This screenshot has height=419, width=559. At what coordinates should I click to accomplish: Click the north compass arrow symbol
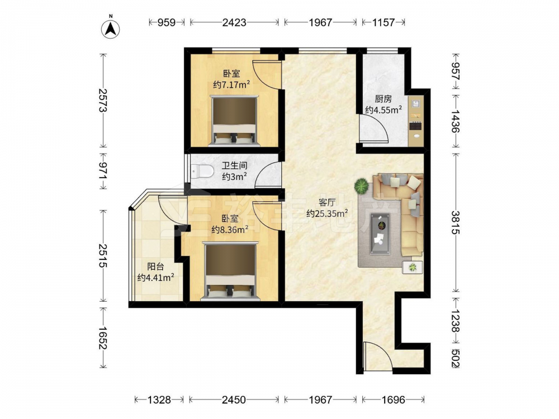(111, 28)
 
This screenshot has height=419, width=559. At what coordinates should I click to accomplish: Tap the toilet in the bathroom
(202, 172)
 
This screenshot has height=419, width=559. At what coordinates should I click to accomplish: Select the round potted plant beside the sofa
(362, 186)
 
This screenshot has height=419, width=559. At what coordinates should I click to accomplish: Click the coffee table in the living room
(380, 234)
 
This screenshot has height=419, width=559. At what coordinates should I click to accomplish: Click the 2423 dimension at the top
(234, 22)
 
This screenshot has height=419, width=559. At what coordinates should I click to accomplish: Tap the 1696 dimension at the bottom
(393, 400)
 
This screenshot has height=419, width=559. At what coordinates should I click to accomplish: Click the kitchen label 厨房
(383, 99)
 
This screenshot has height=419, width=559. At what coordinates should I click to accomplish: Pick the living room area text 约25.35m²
(327, 213)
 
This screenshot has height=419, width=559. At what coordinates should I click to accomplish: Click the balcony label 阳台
(155, 266)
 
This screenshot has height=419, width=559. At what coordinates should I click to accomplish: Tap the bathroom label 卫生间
(234, 166)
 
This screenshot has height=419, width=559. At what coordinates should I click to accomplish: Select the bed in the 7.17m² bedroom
(234, 120)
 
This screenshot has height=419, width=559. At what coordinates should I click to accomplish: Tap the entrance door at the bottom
(378, 356)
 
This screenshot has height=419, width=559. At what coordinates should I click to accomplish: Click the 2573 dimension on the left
(103, 100)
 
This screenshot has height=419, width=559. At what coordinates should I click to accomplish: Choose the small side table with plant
(413, 267)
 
